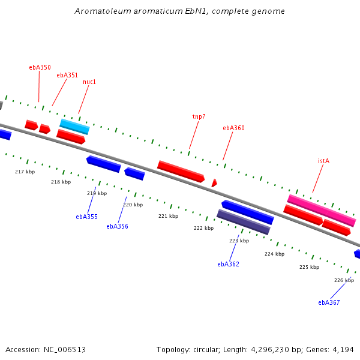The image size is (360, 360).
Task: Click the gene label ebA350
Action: click(x=40, y=68)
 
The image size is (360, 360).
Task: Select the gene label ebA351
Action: click(x=67, y=76)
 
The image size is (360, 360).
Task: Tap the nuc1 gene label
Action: click(x=89, y=82)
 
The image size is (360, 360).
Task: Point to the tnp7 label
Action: click(x=199, y=116)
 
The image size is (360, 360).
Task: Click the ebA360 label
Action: click(x=233, y=128)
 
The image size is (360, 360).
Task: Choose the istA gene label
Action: click(x=323, y=161)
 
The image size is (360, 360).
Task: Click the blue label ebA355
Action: click(x=86, y=217)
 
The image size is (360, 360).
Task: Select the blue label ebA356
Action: click(x=117, y=226)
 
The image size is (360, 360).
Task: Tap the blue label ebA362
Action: click(x=228, y=264)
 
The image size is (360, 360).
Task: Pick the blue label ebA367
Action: click(x=329, y=302)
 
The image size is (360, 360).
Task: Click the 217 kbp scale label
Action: click(x=25, y=172)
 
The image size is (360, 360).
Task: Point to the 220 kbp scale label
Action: click(x=133, y=205)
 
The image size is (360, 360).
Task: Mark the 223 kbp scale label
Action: click(x=239, y=241)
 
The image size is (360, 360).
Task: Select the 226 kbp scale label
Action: click(x=344, y=280)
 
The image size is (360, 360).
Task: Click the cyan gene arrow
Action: click(x=74, y=127)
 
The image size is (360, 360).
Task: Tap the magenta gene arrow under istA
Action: click(x=322, y=211)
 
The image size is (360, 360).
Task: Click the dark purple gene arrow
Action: click(x=244, y=222)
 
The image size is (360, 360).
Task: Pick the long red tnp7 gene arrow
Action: click(x=181, y=171)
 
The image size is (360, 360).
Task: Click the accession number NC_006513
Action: click(x=65, y=349)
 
